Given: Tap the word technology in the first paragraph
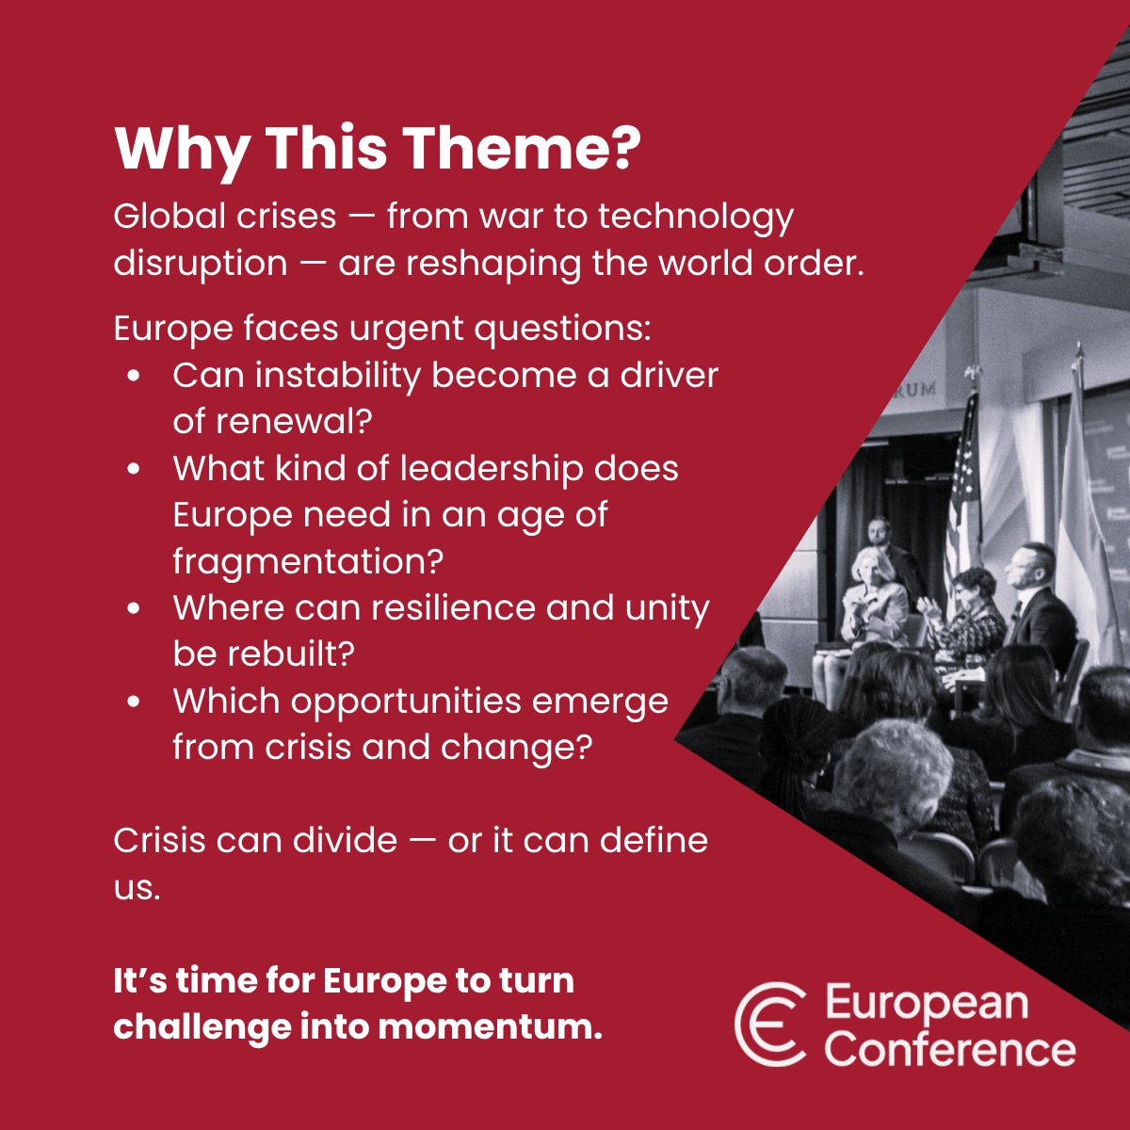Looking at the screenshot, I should (696, 218).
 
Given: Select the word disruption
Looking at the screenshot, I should (200, 264).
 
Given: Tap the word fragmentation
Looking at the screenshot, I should (307, 561).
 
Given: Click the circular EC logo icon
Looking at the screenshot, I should (770, 1025).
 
